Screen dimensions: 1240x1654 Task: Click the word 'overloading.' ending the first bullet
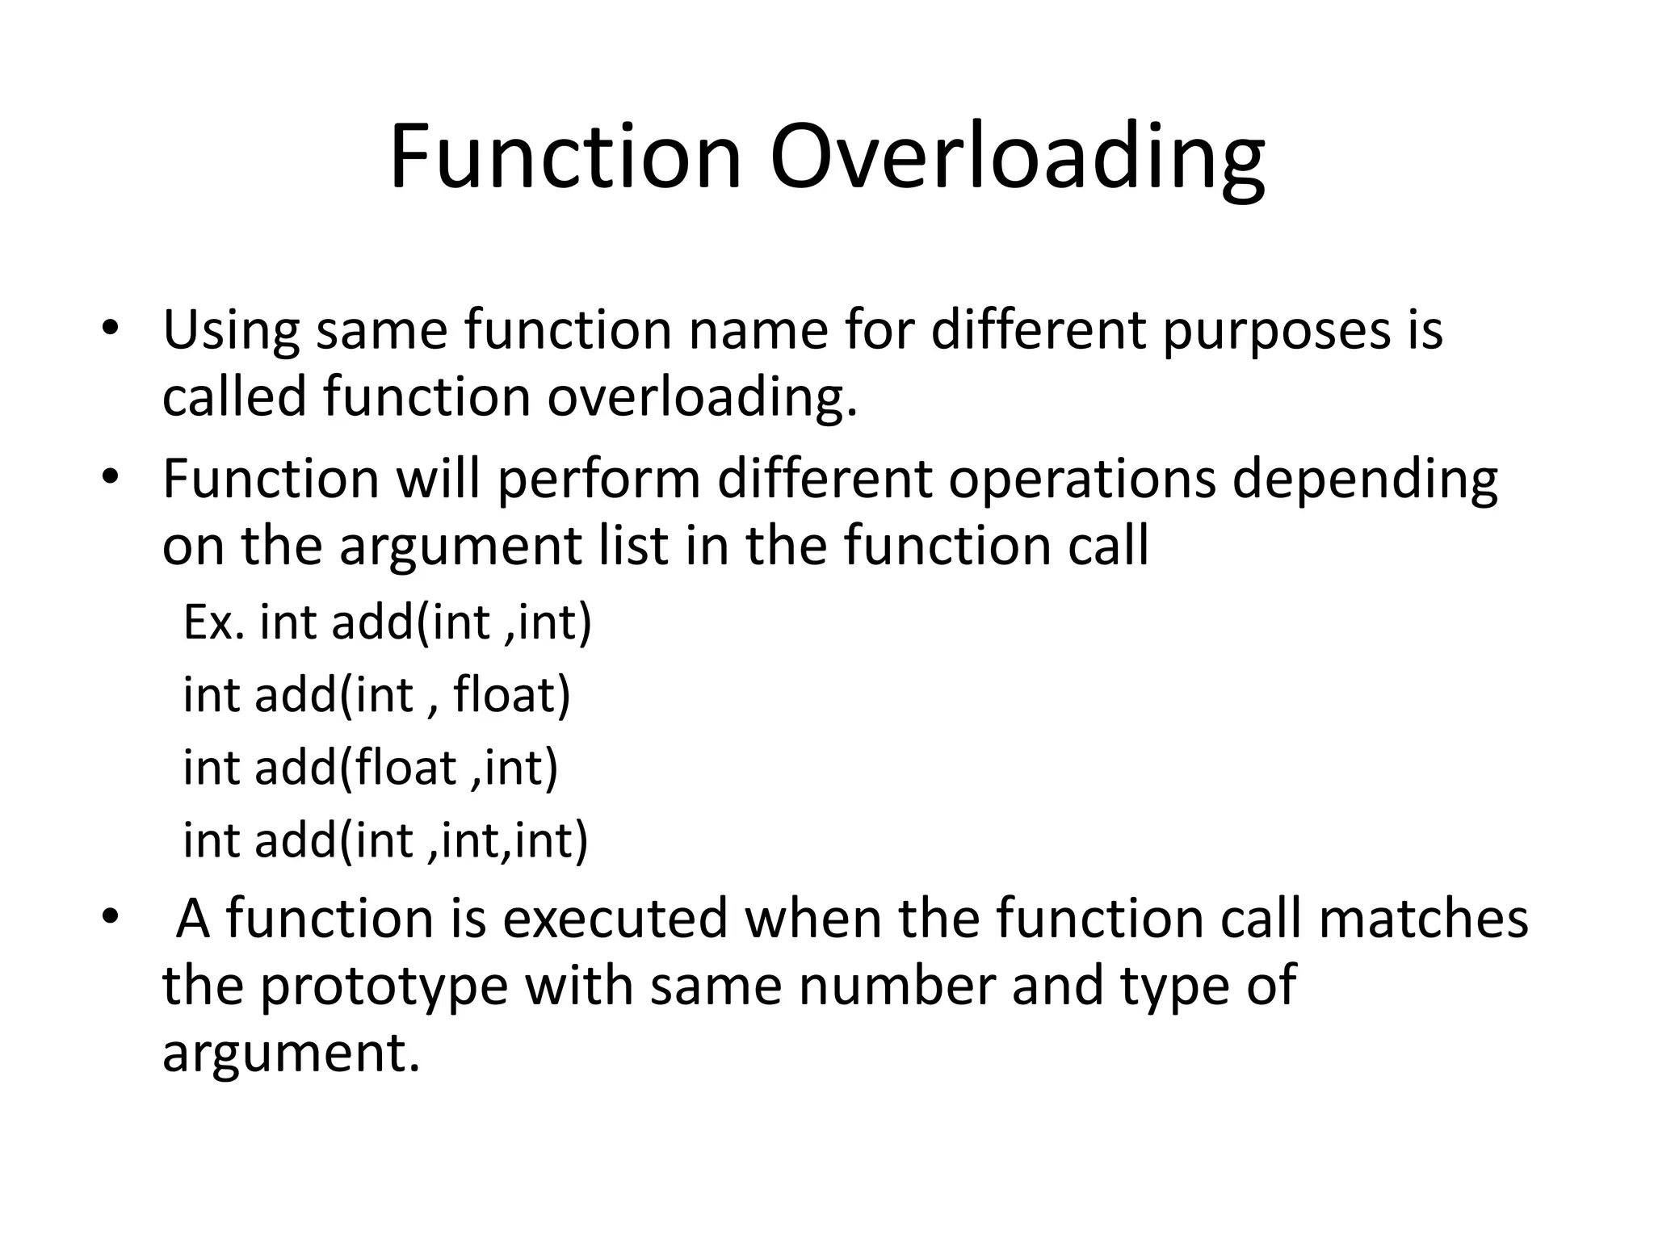702,398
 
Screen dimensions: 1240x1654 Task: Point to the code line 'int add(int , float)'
376,695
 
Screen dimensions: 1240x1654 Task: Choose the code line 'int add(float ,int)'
371,767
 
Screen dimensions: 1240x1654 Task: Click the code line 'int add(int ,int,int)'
385,840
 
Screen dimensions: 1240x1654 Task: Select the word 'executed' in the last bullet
615,919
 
